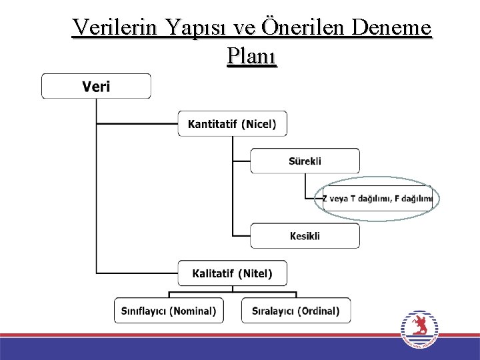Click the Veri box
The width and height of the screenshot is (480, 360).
coord(97,86)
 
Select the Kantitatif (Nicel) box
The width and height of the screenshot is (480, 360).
coord(232,124)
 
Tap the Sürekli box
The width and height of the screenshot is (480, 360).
coord(305,161)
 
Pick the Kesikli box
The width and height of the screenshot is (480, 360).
coord(305,236)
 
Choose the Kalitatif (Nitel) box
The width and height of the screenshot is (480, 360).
coord(232,273)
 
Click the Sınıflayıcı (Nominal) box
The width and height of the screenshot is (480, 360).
coord(169,311)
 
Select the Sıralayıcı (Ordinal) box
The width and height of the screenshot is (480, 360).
coord(295,311)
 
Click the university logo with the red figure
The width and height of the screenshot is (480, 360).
coord(419,329)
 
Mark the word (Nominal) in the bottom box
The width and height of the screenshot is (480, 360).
coord(193,311)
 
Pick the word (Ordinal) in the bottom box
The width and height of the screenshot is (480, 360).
coord(319,311)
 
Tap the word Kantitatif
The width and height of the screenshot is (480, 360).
coord(213,124)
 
